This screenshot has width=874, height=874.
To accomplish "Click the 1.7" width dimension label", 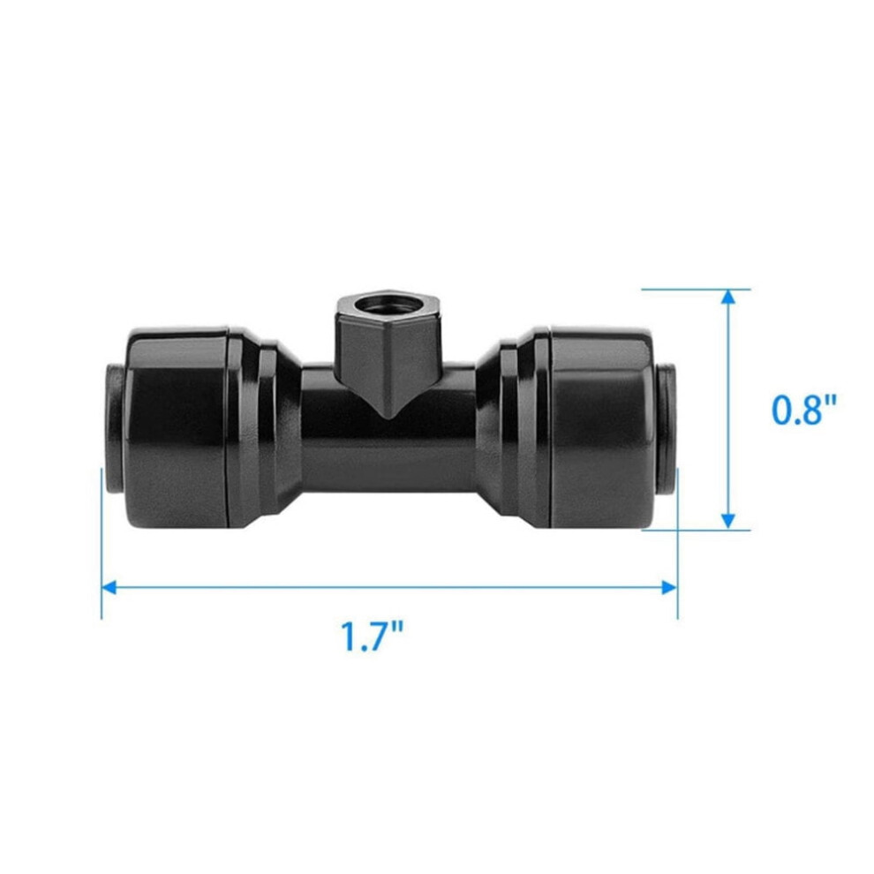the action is tap(371, 637).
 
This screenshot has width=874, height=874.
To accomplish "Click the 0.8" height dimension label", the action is tap(803, 410).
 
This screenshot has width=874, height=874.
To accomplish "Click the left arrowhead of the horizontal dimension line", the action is tap(109, 587).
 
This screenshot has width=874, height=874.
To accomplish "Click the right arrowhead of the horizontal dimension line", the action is tap(669, 587).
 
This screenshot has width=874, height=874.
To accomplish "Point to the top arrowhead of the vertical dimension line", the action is tap(728, 298).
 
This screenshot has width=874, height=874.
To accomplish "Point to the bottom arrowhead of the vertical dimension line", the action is tap(728, 521).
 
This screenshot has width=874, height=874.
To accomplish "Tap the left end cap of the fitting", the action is tap(177, 428).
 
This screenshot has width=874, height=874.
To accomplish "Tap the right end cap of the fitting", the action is tap(602, 428).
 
